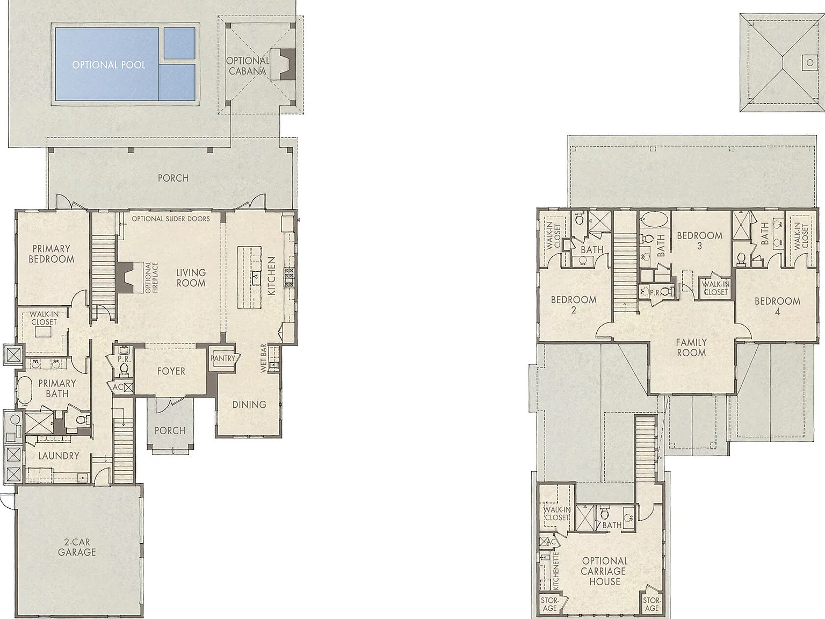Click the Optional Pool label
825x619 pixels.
pos(108,64)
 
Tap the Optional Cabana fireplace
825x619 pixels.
pos(285,64)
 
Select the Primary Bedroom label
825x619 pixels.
pos(52,254)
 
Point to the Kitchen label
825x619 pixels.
pos(271,276)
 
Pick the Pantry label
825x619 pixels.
pos(223,358)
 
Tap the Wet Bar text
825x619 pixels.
pos(264,358)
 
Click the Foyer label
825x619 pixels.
pos(171,371)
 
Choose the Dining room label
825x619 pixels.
pos(249,405)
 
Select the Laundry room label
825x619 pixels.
pos(59,456)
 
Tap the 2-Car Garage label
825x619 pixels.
pos(77,547)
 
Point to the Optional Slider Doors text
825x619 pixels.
pos(171,218)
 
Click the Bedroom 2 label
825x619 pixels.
pos(574,305)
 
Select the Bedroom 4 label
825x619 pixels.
pos(777,306)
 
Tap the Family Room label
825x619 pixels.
pos(691,347)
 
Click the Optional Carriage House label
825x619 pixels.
pos(604,571)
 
